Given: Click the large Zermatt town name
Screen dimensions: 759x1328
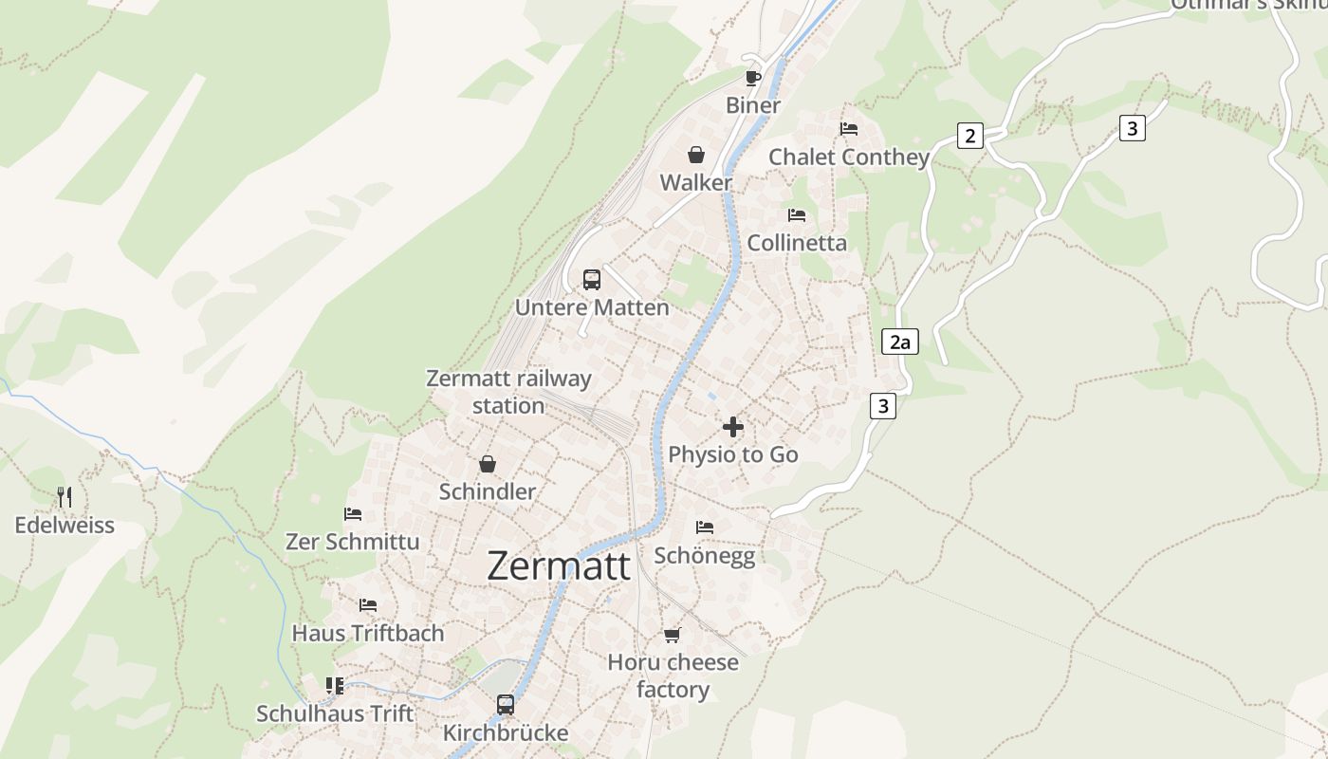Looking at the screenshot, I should click(x=558, y=566).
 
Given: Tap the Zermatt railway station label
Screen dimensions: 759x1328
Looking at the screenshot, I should click(x=508, y=392).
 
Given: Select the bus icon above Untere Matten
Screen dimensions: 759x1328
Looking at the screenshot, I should click(x=592, y=280).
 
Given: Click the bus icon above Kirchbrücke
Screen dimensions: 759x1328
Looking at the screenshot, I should click(x=506, y=705).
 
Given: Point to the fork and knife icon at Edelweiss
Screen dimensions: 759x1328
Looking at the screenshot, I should click(x=65, y=496).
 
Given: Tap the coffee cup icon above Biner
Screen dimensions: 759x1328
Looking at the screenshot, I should click(x=753, y=78).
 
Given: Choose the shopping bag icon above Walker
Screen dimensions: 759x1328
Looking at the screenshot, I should click(x=696, y=155).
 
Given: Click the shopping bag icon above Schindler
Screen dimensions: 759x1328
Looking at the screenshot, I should click(x=488, y=464).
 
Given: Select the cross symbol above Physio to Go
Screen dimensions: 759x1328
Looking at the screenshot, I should click(x=733, y=427).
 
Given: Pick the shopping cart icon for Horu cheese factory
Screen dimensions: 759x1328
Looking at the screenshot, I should click(x=673, y=635).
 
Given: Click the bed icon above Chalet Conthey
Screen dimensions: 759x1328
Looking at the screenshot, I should click(x=849, y=129).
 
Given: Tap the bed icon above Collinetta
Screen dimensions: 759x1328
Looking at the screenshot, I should click(x=797, y=215).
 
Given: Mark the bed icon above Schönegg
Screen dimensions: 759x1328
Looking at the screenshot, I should click(x=705, y=528).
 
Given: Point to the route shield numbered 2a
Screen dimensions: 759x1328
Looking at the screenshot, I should click(x=899, y=342).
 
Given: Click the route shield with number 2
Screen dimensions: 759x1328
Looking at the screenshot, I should click(x=969, y=136).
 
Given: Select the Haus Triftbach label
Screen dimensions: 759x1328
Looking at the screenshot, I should click(x=367, y=633).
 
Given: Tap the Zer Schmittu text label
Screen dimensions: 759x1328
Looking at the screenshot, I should click(x=352, y=542).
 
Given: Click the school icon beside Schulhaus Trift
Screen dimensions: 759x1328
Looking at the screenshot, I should click(x=335, y=685).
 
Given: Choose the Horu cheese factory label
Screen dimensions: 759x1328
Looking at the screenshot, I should click(x=673, y=676).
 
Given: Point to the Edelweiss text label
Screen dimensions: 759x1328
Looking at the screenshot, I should click(x=65, y=525).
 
